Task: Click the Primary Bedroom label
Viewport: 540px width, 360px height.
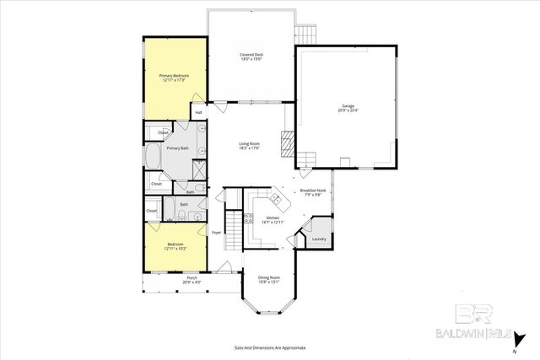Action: [174, 78]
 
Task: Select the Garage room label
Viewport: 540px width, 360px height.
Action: [347, 108]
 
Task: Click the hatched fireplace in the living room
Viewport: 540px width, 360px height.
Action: [288, 145]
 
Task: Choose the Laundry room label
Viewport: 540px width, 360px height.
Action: [318, 239]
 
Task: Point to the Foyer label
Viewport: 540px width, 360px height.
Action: [216, 232]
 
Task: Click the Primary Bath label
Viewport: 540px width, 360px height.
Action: [177, 148]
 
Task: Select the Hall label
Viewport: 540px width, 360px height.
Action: [199, 112]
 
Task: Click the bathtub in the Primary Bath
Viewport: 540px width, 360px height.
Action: [154, 157]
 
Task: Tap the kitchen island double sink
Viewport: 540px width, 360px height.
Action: [276, 201]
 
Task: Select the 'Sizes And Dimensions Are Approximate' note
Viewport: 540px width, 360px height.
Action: [269, 347]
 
